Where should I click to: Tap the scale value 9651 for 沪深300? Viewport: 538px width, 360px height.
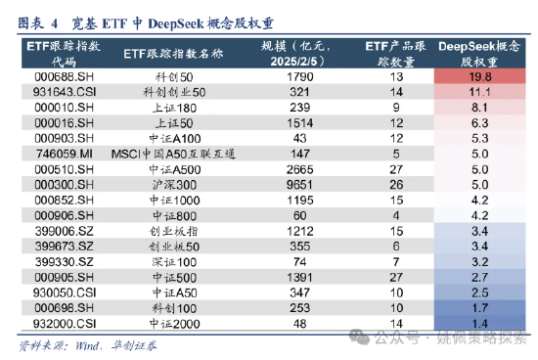pyautogui.click(x=299, y=184)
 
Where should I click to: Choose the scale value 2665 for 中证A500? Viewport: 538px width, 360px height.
pyautogui.click(x=299, y=168)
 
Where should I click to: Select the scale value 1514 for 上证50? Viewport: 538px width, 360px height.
pyautogui.click(x=299, y=122)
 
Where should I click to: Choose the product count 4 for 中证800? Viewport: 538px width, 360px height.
pyautogui.click(x=396, y=214)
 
